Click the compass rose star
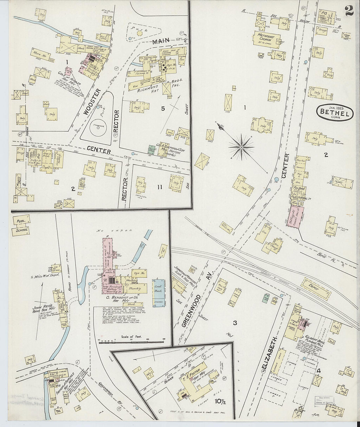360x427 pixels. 241,147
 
